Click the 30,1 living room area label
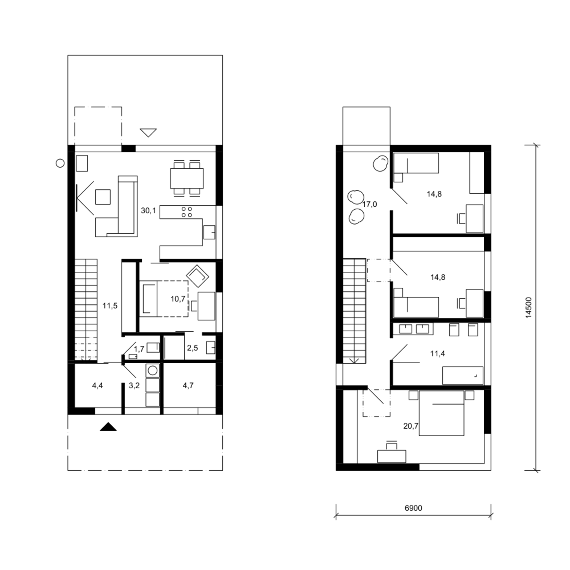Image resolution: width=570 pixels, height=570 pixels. [x=148, y=211]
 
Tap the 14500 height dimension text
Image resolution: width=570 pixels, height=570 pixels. [x=529, y=307]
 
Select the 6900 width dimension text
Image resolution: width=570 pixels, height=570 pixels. [x=413, y=508]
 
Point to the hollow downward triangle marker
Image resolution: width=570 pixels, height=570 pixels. [x=148, y=133]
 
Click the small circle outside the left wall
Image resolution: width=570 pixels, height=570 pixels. [x=60, y=163]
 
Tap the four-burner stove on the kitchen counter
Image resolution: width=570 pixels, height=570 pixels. [x=187, y=212]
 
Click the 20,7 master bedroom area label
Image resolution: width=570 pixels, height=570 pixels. [x=410, y=426]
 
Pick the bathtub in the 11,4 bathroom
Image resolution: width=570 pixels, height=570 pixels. [x=463, y=375]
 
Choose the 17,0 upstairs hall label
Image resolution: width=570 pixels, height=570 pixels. [x=369, y=204]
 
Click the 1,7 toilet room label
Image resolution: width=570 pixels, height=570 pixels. [x=139, y=349]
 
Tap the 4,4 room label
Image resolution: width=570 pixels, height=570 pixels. [x=97, y=386]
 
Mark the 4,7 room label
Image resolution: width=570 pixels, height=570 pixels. [x=188, y=386]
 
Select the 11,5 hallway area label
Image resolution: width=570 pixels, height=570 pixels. [x=110, y=306]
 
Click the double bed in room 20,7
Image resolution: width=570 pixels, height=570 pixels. [x=441, y=413]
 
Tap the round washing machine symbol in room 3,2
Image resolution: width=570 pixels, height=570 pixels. [x=153, y=370]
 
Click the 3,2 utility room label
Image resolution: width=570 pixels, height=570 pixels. [x=134, y=386]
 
